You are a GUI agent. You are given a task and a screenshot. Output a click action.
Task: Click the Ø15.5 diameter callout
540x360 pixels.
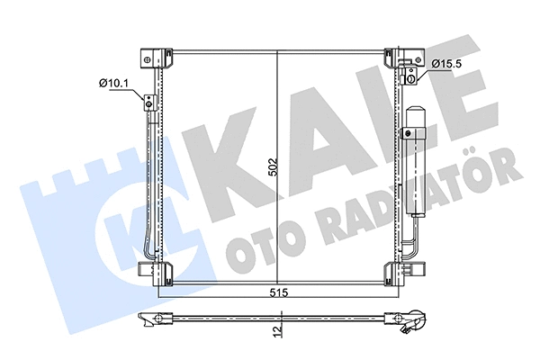(x=447, y=63)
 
